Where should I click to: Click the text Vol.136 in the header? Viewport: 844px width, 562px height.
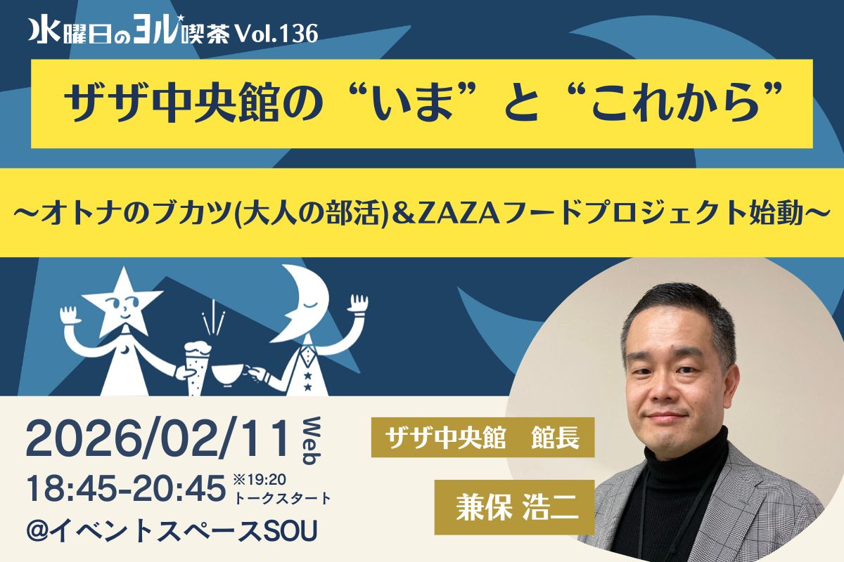277,34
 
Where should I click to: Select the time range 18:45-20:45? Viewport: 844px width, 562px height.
125,488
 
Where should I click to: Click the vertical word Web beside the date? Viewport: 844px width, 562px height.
311,440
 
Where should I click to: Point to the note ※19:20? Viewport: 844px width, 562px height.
260,480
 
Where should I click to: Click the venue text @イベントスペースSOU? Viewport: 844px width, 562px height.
172,531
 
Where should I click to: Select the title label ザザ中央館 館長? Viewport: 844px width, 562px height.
482,438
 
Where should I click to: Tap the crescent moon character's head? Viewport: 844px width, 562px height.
302,301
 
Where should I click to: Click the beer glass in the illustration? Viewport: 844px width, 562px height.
197,367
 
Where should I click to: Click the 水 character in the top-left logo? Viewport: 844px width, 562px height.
44,33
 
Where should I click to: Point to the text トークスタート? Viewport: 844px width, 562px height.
282,498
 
